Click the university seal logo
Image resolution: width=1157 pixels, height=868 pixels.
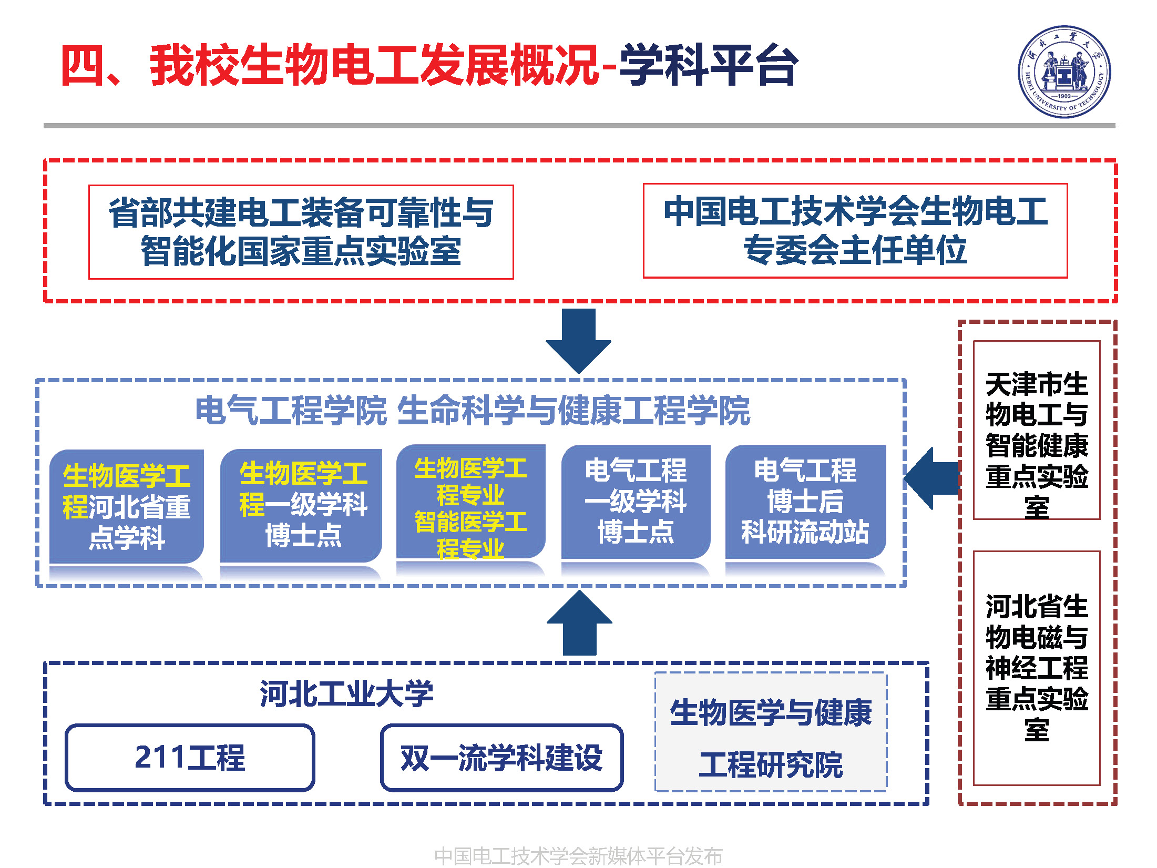pos(1064,72)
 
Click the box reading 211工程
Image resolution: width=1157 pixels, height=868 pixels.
pos(190,758)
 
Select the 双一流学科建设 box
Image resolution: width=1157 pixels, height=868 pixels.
pos(501,758)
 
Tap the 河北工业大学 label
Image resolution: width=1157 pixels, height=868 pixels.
pos(346,693)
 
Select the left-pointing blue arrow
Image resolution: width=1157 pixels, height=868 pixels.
pos(931,478)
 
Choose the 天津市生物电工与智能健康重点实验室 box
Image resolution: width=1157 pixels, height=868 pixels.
pos(1037,430)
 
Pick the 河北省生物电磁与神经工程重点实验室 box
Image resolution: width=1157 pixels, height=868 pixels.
pos(1037,668)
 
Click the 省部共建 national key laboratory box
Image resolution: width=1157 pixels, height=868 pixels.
pos(301,232)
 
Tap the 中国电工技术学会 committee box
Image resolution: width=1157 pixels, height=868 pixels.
pos(855,230)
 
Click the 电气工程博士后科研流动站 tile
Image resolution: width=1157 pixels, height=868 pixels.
pos(805,502)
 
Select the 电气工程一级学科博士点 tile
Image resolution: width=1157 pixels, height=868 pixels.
pos(636,502)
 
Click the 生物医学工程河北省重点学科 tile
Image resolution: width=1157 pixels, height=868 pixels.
pos(127,506)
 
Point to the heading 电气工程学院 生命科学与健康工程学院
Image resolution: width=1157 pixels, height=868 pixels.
pos(472,411)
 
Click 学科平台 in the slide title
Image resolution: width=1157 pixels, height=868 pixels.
pos(709,65)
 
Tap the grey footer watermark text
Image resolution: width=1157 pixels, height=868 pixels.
pos(578,855)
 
